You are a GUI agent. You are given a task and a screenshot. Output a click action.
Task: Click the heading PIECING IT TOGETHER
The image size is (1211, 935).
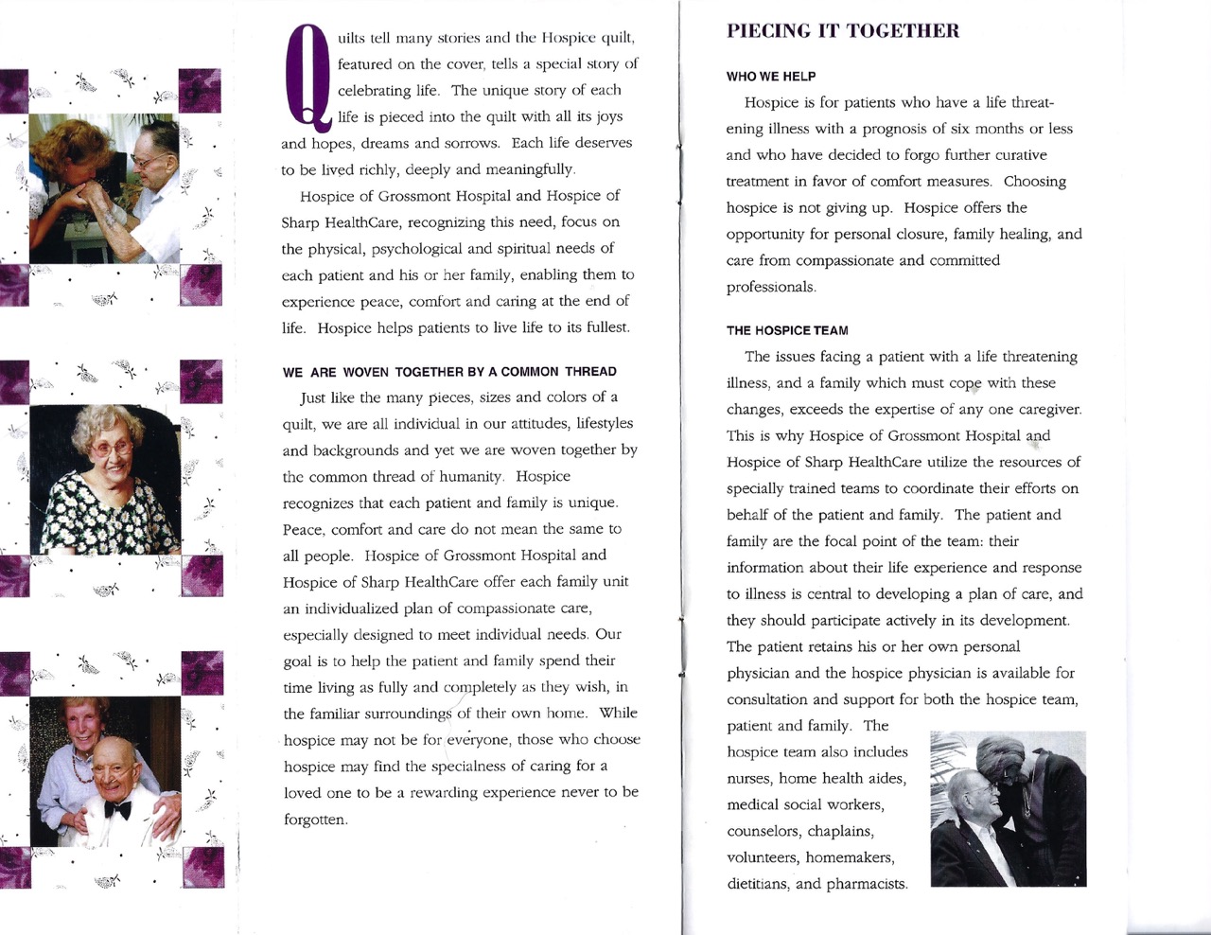pyautogui.click(x=842, y=31)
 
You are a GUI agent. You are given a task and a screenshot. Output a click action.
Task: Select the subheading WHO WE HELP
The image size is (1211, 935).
pyautogui.click(x=771, y=77)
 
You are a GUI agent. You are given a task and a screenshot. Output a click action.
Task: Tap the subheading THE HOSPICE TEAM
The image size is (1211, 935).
pyautogui.click(x=787, y=330)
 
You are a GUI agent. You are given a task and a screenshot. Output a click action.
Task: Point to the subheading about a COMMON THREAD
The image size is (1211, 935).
pyautogui.click(x=449, y=372)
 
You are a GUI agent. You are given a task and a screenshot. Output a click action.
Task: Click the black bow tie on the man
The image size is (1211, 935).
pyautogui.click(x=117, y=810)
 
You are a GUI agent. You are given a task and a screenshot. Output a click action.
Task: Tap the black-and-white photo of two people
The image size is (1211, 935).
pyautogui.click(x=1008, y=808)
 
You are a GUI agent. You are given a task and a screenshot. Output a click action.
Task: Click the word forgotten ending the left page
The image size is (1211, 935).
pyautogui.click(x=315, y=820)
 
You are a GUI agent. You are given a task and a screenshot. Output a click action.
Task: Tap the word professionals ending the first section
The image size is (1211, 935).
pyautogui.click(x=770, y=287)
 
